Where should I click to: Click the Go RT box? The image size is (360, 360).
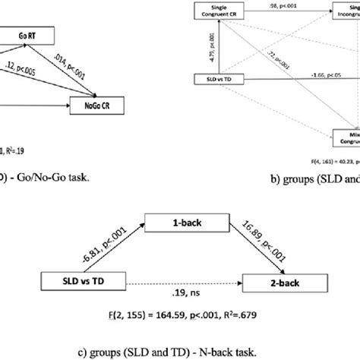tap(33, 35)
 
